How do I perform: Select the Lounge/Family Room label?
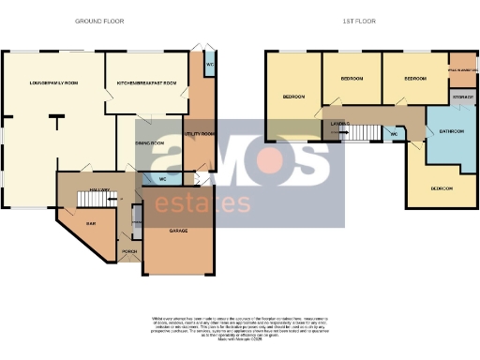pyautogui.click(x=53, y=84)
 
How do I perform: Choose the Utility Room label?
pyautogui.click(x=201, y=135)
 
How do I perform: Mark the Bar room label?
pyautogui.click(x=91, y=224)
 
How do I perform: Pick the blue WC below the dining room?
pyautogui.click(x=162, y=178)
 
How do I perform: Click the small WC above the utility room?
pyautogui.click(x=209, y=66)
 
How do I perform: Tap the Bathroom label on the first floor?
pyautogui.click(x=452, y=131)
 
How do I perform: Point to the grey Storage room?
pyautogui.click(x=462, y=97)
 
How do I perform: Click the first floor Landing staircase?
pyautogui.click(x=361, y=133)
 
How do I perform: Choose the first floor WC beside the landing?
pyautogui.click(x=394, y=134)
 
